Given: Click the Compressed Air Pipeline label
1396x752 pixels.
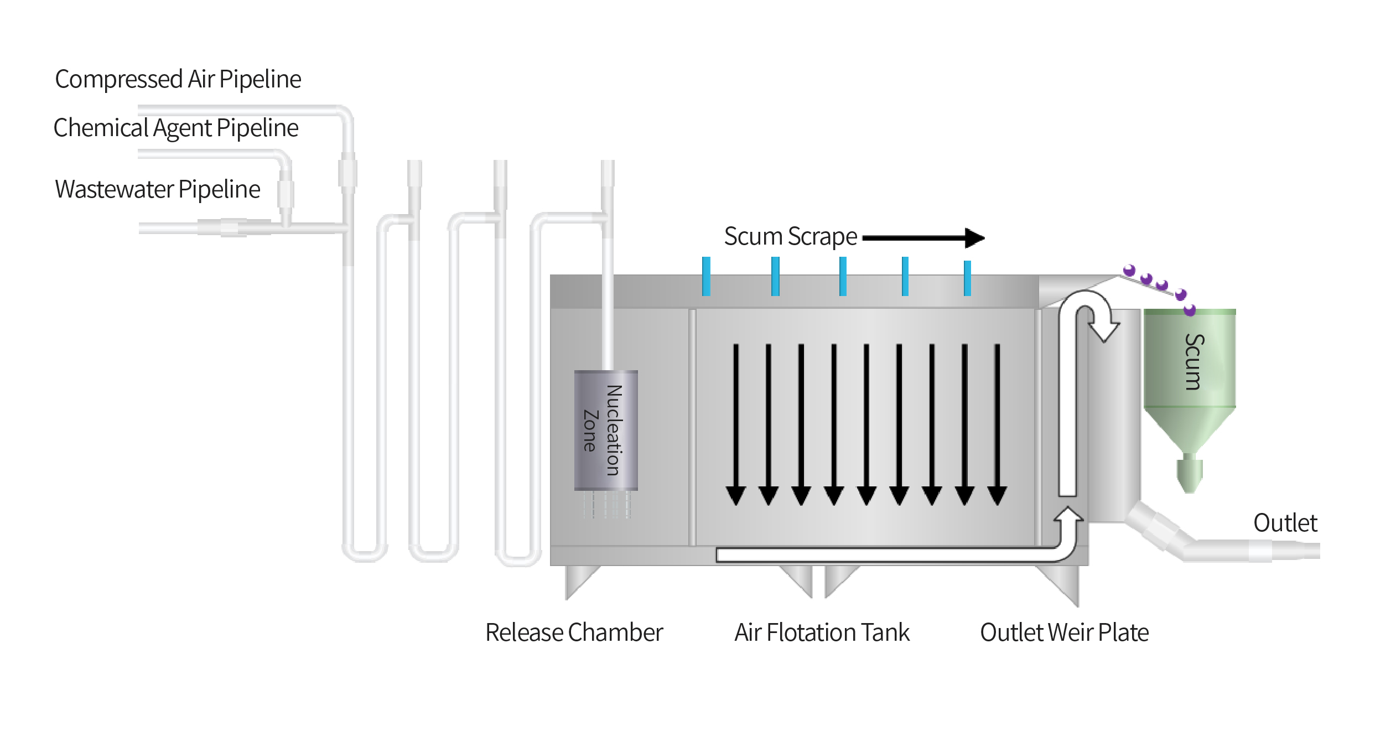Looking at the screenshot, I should (178, 79).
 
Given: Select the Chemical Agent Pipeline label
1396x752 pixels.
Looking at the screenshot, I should (176, 128).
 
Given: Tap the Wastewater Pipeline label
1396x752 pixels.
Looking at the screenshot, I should (157, 189).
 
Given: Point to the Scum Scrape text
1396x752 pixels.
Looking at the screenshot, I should (790, 237).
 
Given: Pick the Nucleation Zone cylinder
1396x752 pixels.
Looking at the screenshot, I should (606, 430).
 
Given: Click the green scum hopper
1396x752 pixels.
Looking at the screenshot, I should (1189, 376).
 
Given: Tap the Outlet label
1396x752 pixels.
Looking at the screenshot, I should (1285, 523).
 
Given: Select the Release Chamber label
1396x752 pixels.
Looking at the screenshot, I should (574, 632).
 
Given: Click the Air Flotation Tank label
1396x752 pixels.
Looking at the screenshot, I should (822, 632).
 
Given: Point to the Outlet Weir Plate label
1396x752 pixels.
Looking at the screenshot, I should (1064, 632).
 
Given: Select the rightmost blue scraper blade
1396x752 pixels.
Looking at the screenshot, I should (967, 278).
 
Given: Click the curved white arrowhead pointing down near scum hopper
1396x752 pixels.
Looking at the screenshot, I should (1104, 330).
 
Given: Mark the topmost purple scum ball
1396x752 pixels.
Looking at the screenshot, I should (1129, 270).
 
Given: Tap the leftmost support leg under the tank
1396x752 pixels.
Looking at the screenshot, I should (578, 581).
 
